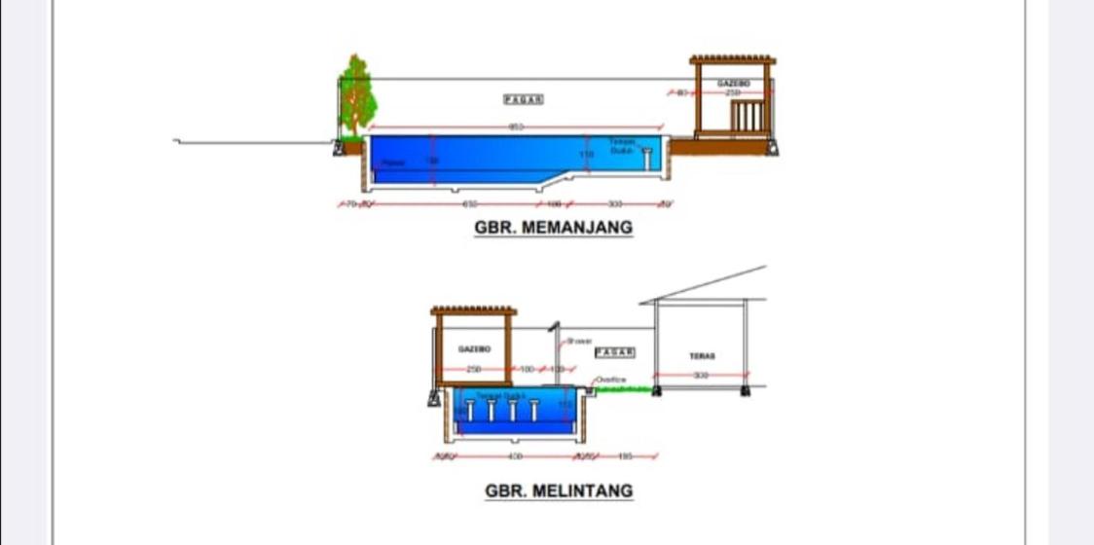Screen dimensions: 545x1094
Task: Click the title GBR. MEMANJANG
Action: click(x=553, y=228)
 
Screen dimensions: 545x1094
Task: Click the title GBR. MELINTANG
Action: click(x=559, y=490)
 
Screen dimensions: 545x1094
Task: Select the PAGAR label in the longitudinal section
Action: click(x=524, y=99)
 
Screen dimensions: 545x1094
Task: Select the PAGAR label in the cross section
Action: click(x=615, y=351)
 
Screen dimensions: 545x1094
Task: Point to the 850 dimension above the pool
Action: click(x=516, y=127)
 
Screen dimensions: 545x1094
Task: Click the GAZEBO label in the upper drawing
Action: click(x=733, y=84)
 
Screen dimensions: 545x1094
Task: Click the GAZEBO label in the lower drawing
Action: click(x=474, y=347)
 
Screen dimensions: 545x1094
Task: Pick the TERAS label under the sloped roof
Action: click(x=703, y=356)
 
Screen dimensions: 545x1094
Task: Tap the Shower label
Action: click(x=579, y=341)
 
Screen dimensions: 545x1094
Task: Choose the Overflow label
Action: click(x=611, y=379)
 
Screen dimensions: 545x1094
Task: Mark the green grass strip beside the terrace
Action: click(x=624, y=389)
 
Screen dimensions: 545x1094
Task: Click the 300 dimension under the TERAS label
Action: click(x=701, y=375)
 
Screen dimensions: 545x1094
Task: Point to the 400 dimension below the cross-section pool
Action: click(x=516, y=455)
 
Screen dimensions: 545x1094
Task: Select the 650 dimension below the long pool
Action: click(x=469, y=204)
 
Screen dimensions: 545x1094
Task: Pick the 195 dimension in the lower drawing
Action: click(x=624, y=455)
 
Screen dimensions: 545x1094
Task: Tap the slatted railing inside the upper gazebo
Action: click(x=748, y=116)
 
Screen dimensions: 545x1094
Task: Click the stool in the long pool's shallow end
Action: click(x=646, y=158)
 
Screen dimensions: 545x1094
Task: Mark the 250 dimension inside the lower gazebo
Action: click(x=473, y=370)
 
